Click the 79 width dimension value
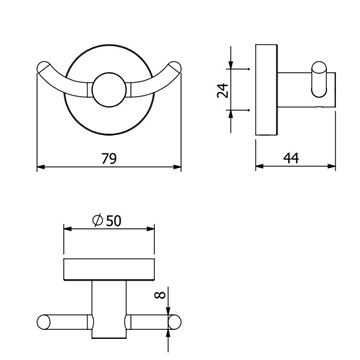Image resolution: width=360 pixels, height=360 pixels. (109, 158)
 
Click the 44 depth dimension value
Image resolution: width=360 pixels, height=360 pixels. (291, 158)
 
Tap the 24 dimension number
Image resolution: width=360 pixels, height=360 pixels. (223, 89)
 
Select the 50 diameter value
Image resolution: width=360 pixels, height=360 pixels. (113, 221)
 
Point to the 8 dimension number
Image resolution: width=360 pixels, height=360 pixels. (161, 295)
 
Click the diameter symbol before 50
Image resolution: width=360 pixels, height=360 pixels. (98, 221)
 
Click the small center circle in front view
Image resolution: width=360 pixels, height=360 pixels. (109, 90)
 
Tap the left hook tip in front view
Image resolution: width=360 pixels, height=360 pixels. (43, 67)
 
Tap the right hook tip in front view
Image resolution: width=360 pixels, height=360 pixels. (175, 67)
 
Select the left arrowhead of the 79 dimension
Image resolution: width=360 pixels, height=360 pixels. (41, 167)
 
